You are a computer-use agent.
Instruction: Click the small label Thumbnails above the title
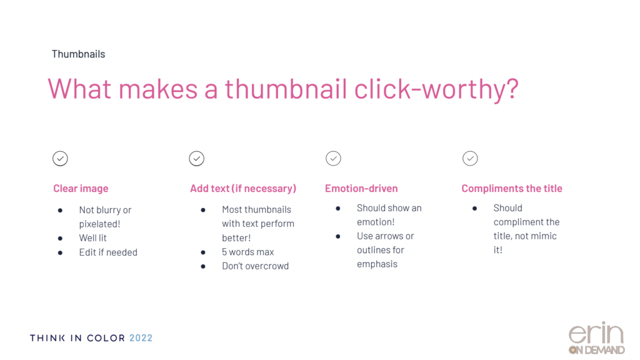coord(78,54)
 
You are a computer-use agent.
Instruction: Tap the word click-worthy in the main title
coord(436,89)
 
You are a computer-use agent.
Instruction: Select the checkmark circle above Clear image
coord(60,158)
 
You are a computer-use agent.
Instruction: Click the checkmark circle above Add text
coord(197,158)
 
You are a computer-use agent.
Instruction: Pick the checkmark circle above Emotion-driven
coord(334,158)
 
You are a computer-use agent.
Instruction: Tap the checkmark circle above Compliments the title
coord(470,158)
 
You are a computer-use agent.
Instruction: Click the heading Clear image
coord(81,189)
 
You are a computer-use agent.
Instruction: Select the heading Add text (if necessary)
coord(243,189)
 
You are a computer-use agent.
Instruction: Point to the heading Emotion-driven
coord(361,189)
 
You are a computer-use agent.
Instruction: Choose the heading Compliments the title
coord(512,189)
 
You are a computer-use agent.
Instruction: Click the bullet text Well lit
coord(92,238)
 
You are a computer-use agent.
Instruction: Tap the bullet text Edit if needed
coord(108,252)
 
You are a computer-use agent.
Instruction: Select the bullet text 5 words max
coord(247,252)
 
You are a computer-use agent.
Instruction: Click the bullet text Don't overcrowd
coord(256,266)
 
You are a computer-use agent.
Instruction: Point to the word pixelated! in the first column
coord(99,224)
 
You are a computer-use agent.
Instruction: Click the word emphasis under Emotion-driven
coord(377,264)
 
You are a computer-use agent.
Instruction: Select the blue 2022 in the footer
coord(141,338)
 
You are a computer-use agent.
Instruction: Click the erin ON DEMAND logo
coord(596,338)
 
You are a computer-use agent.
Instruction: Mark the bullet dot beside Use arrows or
coord(338,236)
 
